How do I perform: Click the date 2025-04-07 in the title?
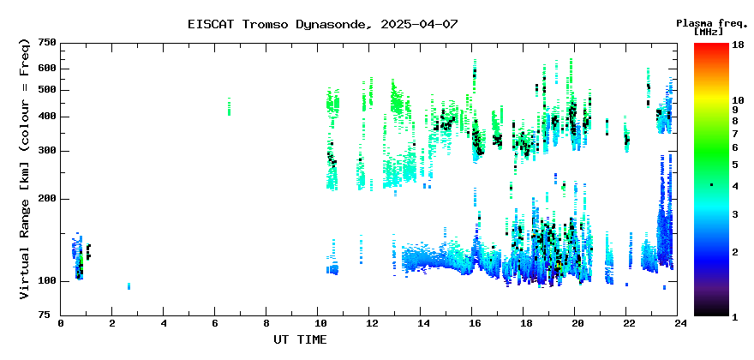click(x=419, y=24)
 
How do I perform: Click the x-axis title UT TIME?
click(x=300, y=339)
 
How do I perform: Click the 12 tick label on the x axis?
click(x=368, y=324)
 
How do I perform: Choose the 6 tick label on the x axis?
click(x=214, y=324)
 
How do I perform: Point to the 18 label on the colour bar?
click(x=738, y=45)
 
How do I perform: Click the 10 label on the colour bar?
click(x=738, y=100)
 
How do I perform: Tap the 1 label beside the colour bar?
click(x=735, y=317)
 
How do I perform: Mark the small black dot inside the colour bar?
click(x=712, y=185)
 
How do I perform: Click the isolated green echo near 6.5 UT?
click(x=229, y=106)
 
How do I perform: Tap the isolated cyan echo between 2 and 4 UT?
click(x=129, y=286)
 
